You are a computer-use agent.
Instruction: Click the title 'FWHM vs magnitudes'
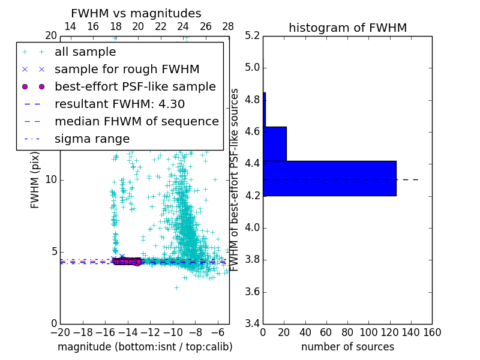click(x=136, y=13)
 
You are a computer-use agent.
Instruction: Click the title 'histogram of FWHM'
click(x=347, y=28)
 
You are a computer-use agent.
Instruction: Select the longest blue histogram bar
click(x=329, y=178)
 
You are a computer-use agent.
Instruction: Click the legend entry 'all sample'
click(x=85, y=52)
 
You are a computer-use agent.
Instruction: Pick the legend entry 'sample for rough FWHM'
click(x=127, y=69)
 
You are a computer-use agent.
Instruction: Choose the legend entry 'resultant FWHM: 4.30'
click(x=119, y=104)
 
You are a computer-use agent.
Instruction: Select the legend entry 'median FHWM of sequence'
click(x=136, y=121)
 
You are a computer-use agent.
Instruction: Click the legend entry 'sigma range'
click(x=92, y=139)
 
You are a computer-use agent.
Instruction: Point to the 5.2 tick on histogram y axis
click(x=252, y=35)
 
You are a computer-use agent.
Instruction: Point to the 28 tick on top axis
click(x=228, y=26)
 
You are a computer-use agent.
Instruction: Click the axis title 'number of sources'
click(x=347, y=347)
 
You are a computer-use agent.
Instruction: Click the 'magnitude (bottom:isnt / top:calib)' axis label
click(x=145, y=347)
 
